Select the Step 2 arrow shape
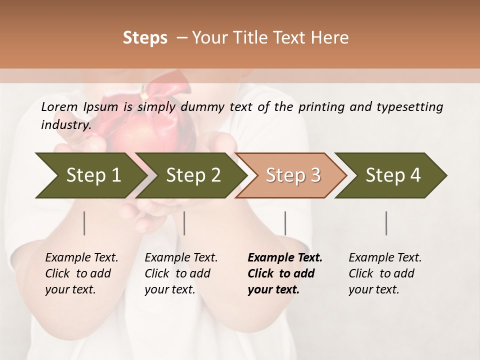[192, 175]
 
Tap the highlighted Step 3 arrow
[292, 175]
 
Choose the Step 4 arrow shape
[392, 175]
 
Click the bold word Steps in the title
[145, 37]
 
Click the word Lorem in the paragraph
[59, 106]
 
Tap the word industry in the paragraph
[65, 125]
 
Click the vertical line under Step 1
[84, 223]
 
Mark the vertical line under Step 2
[184, 223]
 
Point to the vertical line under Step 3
[285, 223]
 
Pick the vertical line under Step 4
[386, 223]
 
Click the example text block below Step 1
[81, 273]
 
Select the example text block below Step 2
[180, 273]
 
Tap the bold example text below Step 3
[284, 273]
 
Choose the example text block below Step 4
[384, 273]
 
